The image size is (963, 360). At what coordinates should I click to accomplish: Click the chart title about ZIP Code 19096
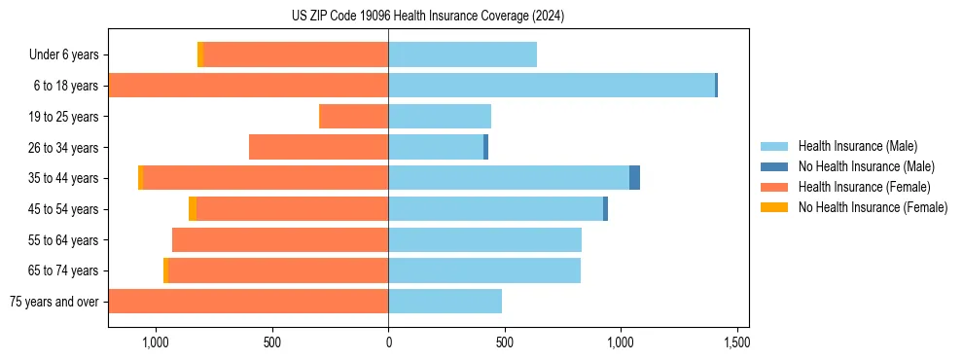(428, 17)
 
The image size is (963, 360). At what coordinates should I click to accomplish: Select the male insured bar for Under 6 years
(462, 54)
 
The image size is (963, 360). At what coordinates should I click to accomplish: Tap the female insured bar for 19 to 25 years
(353, 117)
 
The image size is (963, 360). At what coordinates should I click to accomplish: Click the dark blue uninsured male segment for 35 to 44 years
(634, 178)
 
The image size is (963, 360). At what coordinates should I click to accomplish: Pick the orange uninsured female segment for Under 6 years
(200, 54)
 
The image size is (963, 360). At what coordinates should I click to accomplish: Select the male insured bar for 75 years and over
(445, 302)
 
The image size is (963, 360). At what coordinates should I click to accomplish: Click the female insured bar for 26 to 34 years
(318, 147)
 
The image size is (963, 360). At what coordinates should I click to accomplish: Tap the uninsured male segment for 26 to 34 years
(485, 147)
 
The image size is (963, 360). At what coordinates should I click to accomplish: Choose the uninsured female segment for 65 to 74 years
(165, 270)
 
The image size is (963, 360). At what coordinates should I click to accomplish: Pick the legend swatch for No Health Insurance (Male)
(774, 166)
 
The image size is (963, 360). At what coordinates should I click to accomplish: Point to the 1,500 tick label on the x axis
(736, 342)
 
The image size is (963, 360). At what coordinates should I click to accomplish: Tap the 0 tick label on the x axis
(388, 342)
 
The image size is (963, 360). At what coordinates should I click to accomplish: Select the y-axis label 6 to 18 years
(65, 86)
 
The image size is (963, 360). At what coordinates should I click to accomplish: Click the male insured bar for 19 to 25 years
(440, 117)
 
